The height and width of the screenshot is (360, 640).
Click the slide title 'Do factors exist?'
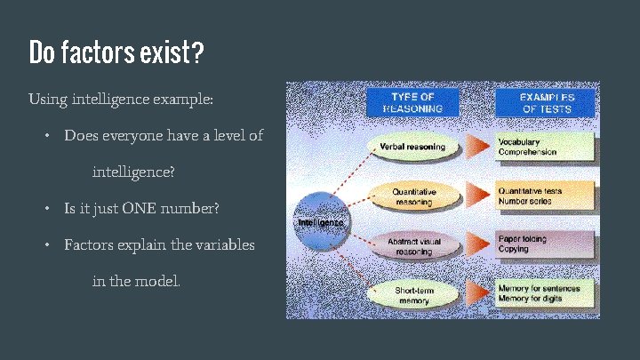pos(116,53)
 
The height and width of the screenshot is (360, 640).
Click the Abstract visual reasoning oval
pos(413,245)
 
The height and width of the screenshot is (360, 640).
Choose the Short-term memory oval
pos(413,295)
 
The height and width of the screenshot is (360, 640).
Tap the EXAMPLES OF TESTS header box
pos(547,103)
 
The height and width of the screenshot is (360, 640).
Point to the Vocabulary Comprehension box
pos(544,147)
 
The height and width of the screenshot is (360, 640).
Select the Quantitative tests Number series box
pos(544,196)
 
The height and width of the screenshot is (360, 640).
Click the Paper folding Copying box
pos(544,244)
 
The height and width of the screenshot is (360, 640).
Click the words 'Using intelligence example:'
pos(121,98)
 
